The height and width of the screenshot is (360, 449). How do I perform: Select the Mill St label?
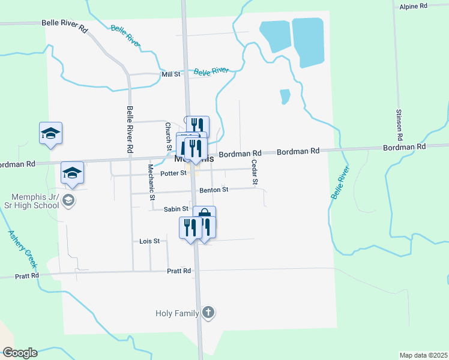coord(170,74)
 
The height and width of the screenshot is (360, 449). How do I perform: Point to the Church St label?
coord(169,137)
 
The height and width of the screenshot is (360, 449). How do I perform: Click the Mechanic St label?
coord(152,181)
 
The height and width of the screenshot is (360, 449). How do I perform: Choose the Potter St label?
coord(174,173)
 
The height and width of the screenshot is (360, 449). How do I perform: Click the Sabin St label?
coord(176,209)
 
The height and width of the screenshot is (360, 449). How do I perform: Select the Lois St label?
coord(149,241)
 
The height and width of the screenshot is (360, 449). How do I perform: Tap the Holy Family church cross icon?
coord(208,312)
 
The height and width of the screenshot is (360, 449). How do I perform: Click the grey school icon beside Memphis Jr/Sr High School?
coord(68,200)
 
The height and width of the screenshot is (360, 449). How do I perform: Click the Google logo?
coord(20,353)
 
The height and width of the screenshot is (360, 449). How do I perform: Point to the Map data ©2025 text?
coord(423,355)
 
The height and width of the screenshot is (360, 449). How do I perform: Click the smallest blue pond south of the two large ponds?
coord(285,96)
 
